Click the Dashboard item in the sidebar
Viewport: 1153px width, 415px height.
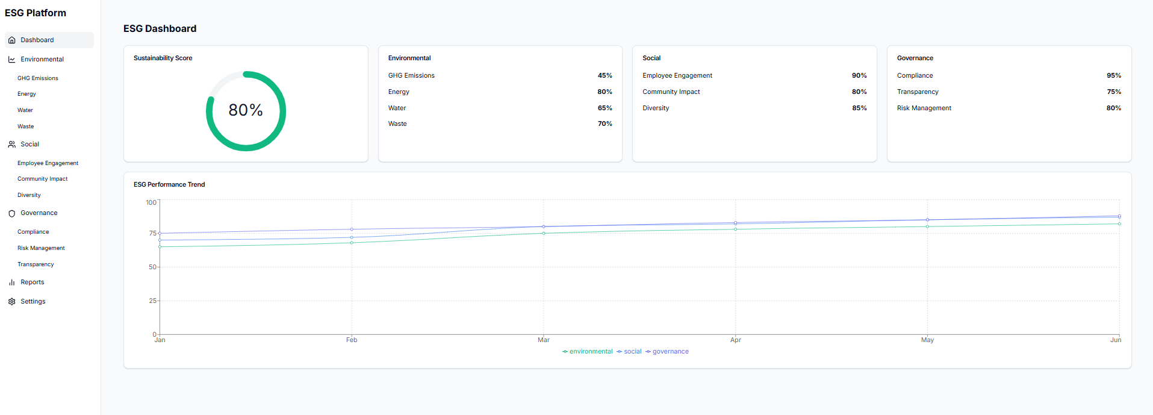[37, 40]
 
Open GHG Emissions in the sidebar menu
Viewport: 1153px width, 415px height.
[37, 78]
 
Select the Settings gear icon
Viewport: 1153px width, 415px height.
[11, 302]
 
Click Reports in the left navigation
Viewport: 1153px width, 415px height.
[32, 282]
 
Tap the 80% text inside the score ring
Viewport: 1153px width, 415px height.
[246, 110]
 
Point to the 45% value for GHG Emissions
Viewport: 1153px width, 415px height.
[604, 76]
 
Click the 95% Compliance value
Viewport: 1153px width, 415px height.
[1113, 76]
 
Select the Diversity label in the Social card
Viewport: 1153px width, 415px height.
[656, 108]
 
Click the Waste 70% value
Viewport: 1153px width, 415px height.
[604, 124]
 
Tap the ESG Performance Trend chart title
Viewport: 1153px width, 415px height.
[169, 185]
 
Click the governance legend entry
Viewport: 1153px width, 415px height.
[670, 352]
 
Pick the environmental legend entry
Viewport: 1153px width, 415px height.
[590, 352]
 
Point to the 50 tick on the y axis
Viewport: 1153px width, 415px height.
[152, 267]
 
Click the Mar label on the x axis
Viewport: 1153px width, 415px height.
[543, 340]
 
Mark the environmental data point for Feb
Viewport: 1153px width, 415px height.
[352, 243]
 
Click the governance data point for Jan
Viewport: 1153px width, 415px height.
[160, 233]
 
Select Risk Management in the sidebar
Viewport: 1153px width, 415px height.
[41, 248]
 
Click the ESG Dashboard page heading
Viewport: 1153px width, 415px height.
[160, 29]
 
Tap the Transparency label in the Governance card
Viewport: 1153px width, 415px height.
[918, 92]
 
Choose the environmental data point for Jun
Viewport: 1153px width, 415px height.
[1119, 224]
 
